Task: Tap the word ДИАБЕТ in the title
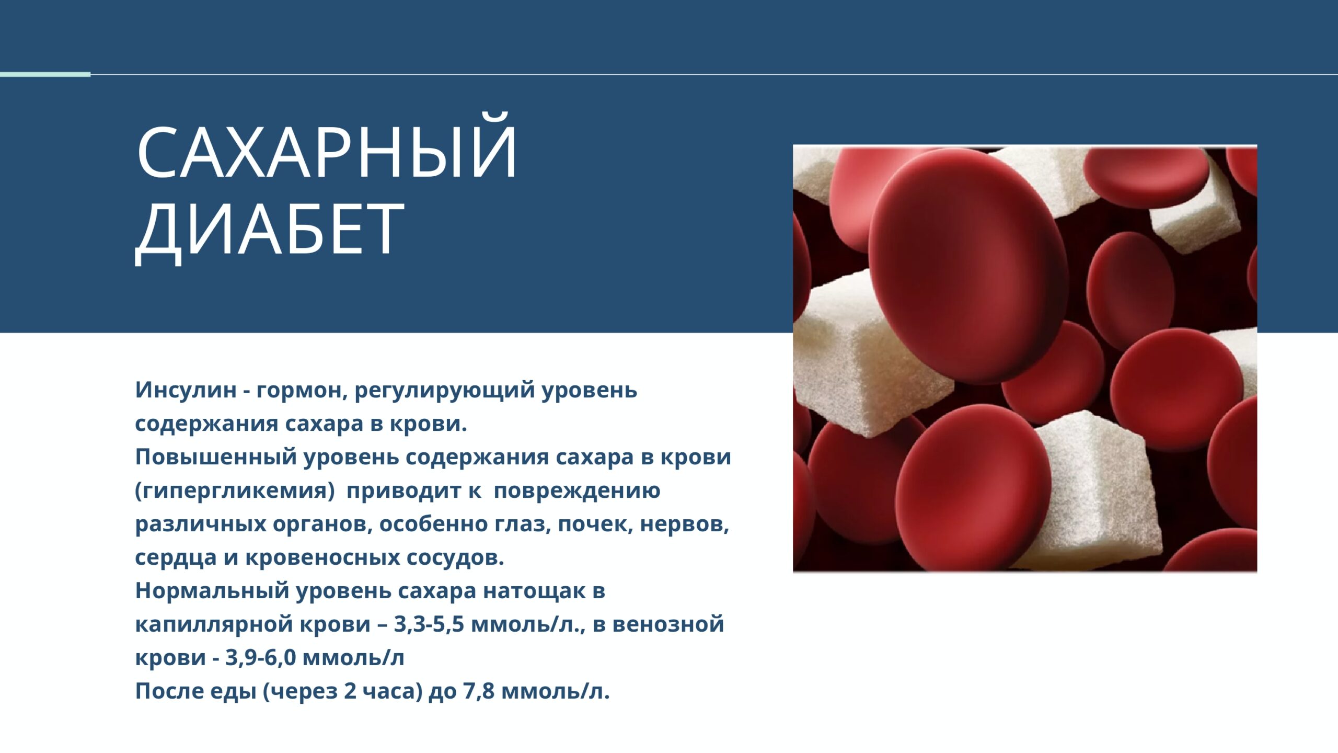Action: [270, 230]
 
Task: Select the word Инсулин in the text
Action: [186, 390]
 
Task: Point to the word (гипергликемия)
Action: [235, 491]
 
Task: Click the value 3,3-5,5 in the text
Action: [429, 624]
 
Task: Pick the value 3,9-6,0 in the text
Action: [261, 658]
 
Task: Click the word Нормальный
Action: [212, 591]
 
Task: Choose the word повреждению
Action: [577, 491]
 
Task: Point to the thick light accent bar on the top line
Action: [45, 74]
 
